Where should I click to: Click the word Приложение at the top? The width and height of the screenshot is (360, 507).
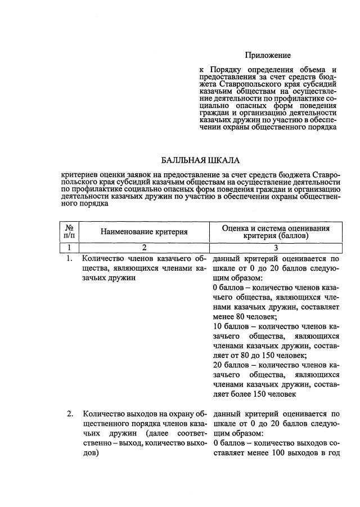[268, 55]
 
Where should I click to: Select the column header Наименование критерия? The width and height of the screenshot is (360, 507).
[144, 232]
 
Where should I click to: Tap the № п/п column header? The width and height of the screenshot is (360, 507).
[70, 232]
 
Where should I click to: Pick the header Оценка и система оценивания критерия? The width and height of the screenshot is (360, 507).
[276, 232]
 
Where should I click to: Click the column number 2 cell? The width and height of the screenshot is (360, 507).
[144, 247]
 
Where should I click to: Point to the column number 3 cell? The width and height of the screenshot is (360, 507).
[276, 247]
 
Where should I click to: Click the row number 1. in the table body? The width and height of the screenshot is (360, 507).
[70, 259]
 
